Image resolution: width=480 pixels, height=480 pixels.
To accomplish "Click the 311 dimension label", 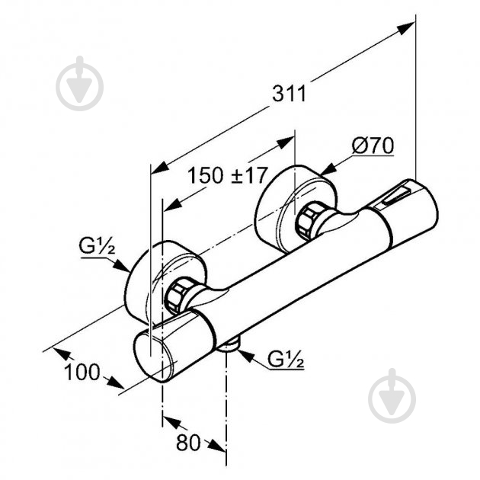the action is pos(289,94).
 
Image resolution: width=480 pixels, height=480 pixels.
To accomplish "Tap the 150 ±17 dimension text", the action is pos(228,175).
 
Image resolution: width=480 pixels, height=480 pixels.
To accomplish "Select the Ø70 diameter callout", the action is pos(373,146).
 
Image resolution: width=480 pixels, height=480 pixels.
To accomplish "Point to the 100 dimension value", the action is pos(82,372).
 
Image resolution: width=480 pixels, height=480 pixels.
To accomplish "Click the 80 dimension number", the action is pos(188,443).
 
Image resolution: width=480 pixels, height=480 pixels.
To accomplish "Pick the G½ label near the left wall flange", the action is pos(97,246).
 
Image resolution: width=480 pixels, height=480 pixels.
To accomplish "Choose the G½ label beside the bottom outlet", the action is pos(285,358).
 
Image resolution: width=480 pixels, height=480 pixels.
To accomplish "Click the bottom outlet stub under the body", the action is pos(229,346).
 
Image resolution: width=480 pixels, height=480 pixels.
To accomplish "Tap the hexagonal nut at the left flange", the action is pos(179,295).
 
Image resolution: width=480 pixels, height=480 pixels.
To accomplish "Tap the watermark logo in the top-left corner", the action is pos(79,84).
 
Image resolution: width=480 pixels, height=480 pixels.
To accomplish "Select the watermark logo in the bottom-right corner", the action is pos(392,395).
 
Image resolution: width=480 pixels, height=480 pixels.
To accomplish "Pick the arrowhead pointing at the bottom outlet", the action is pos(246,357).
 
